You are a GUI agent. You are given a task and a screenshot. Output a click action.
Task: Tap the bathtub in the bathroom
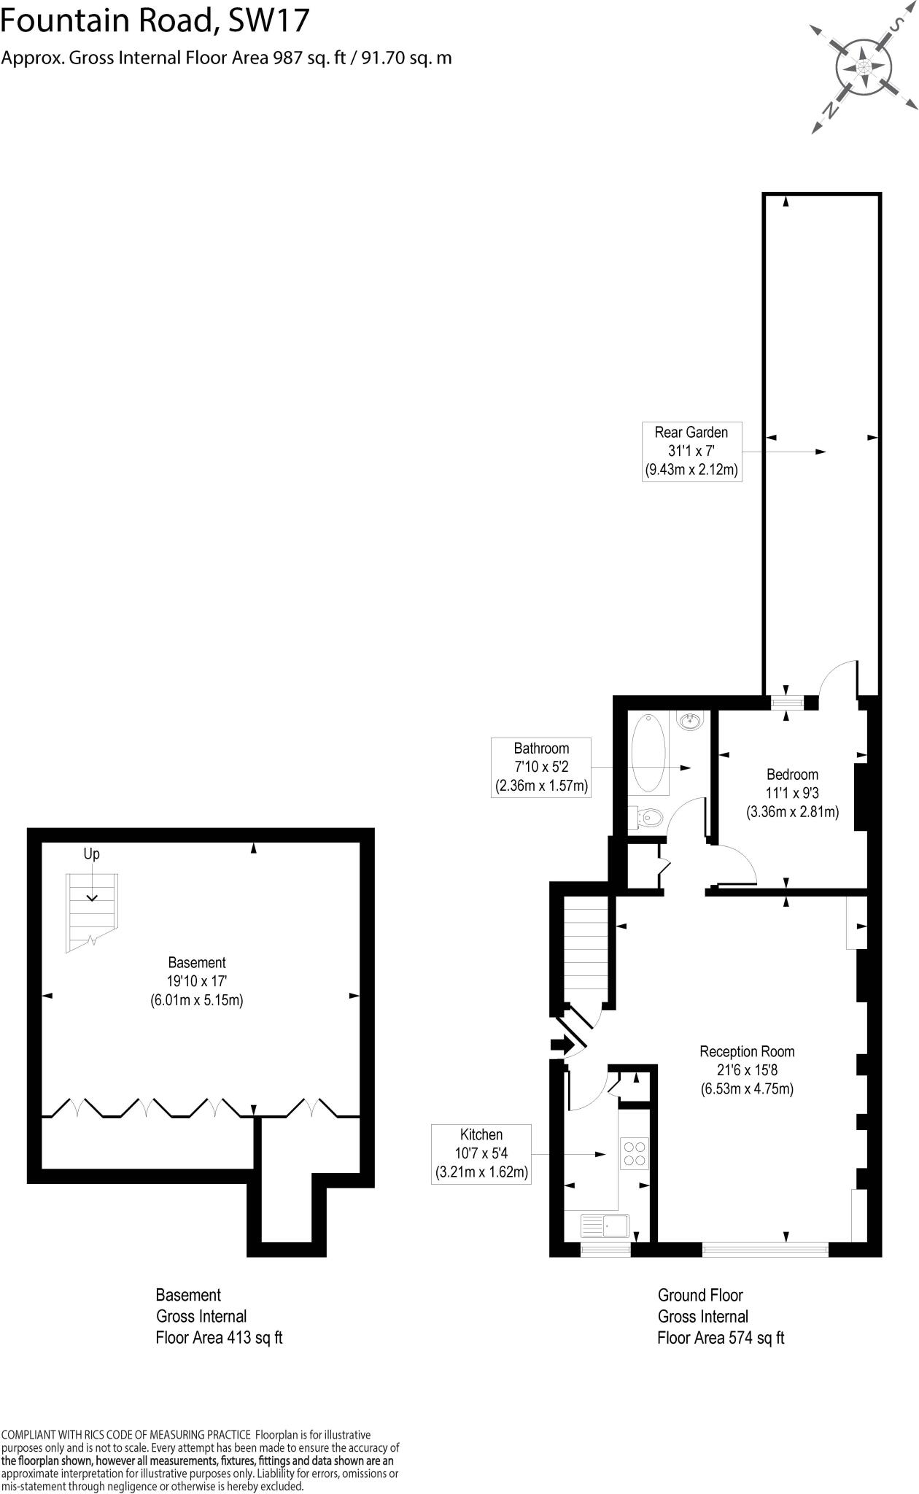click(x=648, y=754)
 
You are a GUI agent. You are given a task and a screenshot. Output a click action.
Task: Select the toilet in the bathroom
click(x=647, y=818)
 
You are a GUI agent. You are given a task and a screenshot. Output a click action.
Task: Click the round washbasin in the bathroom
click(x=690, y=722)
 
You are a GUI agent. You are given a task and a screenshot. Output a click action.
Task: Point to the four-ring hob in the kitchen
click(x=633, y=1153)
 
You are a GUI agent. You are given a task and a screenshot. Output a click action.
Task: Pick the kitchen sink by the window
click(x=606, y=1226)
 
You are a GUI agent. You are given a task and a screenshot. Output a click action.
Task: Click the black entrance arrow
click(x=562, y=1045)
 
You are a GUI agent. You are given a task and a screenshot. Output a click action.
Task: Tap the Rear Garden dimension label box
click(x=691, y=451)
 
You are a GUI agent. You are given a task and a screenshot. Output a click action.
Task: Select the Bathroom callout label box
click(x=540, y=767)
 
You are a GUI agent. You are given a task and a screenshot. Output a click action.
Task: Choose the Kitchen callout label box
click(x=481, y=1153)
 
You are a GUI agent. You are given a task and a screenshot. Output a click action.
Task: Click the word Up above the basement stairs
click(x=92, y=854)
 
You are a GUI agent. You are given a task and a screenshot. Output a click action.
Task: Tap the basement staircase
click(x=92, y=911)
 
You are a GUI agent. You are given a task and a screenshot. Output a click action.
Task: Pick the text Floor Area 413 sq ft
click(x=219, y=1338)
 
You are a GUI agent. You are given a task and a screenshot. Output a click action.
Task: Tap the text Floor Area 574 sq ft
click(x=721, y=1338)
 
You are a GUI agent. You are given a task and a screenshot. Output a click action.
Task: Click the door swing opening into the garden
click(x=839, y=679)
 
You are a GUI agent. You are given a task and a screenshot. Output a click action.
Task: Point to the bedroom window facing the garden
click(x=788, y=703)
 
